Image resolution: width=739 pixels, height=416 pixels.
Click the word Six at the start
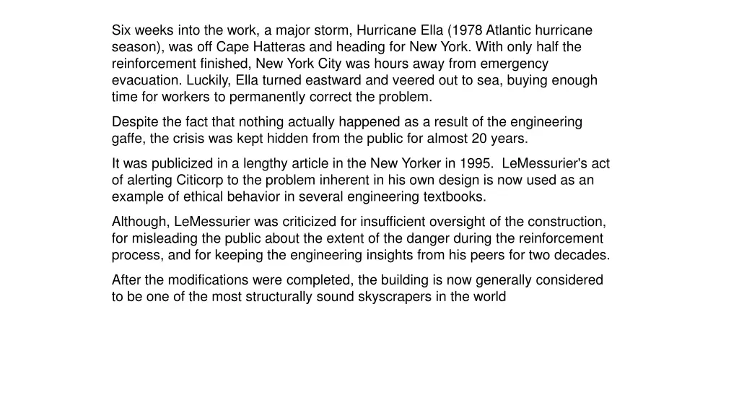[121, 30]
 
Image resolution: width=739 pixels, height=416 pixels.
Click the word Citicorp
[202, 181]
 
